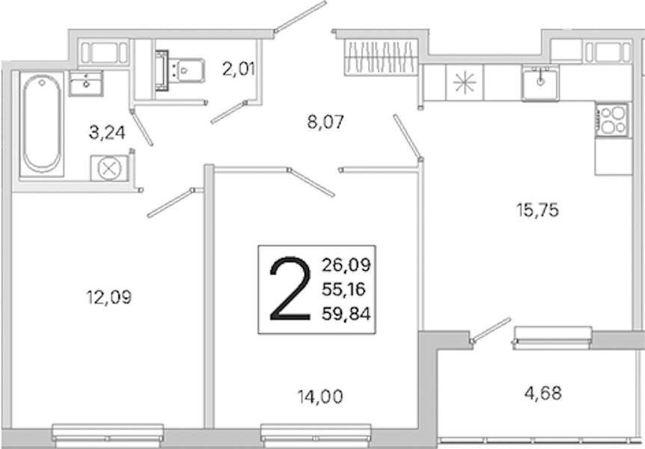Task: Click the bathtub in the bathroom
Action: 42,124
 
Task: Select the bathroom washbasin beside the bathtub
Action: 85,84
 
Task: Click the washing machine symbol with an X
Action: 109,168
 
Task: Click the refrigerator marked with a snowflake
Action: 465,83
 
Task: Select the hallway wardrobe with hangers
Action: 381,57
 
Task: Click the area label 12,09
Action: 109,297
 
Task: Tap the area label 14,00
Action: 320,397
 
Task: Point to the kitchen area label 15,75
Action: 537,210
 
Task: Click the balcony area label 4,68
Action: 543,394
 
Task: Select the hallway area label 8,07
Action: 325,122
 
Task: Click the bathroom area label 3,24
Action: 107,133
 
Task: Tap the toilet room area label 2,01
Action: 239,69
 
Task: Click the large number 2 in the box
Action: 290,289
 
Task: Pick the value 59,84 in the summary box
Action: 346,314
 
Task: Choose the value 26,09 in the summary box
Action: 346,265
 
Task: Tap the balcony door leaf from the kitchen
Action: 491,330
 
